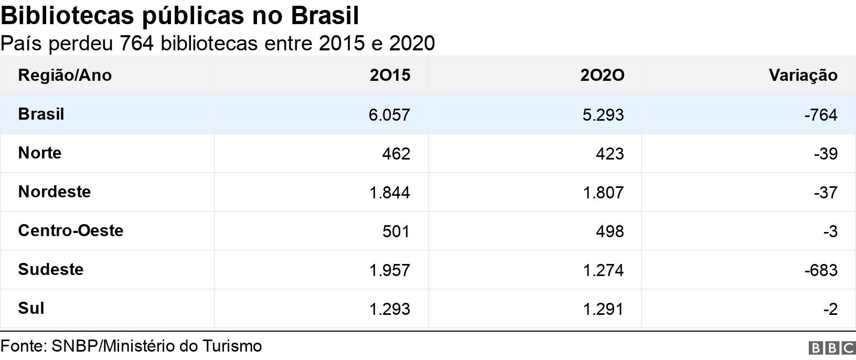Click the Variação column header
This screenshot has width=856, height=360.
coord(802,76)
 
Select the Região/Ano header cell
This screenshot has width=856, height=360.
coord(65,76)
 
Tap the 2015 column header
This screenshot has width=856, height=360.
coord(390,76)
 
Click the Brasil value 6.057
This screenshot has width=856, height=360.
coord(389,115)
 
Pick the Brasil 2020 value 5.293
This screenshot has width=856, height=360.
coord(603,115)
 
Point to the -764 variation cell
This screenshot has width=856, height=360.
coord(820,115)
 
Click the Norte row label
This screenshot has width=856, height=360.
coord(40,153)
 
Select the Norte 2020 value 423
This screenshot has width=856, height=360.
coord(609,154)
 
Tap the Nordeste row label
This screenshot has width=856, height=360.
coord(54,192)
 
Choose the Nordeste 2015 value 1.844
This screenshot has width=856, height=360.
coord(389,193)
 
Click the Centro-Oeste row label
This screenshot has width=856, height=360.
coord(70,231)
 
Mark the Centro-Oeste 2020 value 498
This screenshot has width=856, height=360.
coord(609,231)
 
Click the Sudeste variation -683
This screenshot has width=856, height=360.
coord(820,270)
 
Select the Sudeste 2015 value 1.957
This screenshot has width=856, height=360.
coord(389,270)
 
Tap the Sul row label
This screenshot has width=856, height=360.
coord(31,309)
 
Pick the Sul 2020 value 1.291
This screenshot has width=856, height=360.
coord(603,309)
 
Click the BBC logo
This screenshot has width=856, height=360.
coord(832,348)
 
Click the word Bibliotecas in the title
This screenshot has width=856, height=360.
coord(67,16)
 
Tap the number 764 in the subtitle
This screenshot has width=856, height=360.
coord(136,44)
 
